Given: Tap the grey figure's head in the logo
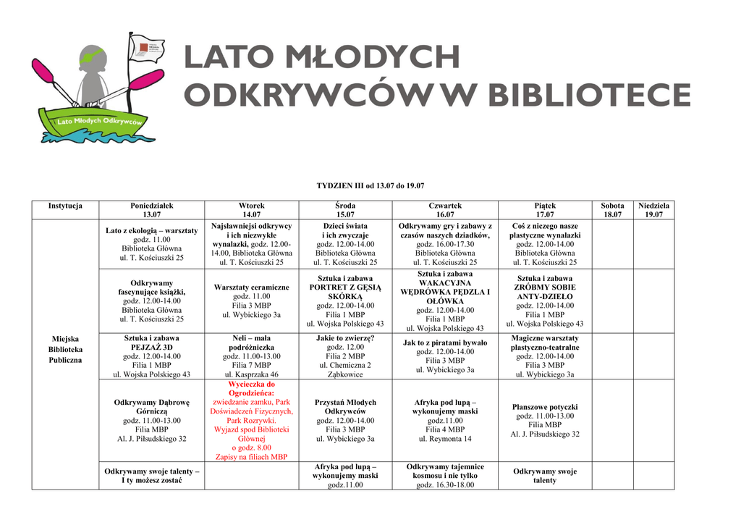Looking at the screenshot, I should click(x=92, y=57).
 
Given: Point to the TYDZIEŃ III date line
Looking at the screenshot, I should click(x=370, y=186).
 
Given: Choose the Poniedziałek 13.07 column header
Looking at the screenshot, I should click(x=151, y=210).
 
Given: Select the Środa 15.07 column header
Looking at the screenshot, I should click(x=345, y=210).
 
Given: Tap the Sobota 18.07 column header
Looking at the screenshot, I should click(x=612, y=210).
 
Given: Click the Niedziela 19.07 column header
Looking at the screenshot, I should click(x=653, y=210).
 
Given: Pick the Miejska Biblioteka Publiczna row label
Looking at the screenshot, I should click(x=65, y=349).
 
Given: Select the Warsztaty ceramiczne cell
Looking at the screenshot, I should click(x=251, y=301).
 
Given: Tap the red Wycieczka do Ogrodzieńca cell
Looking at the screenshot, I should click(x=251, y=421).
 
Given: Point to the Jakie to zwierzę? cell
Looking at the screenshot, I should click(x=345, y=356).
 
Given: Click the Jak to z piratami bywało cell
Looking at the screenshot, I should click(x=445, y=356).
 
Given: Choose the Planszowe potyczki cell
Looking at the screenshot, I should click(x=545, y=421).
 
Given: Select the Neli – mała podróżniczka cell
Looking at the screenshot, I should click(x=251, y=356).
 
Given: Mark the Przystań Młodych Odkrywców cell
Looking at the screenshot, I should click(x=345, y=421).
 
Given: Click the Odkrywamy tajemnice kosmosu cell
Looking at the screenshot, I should click(x=445, y=476).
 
